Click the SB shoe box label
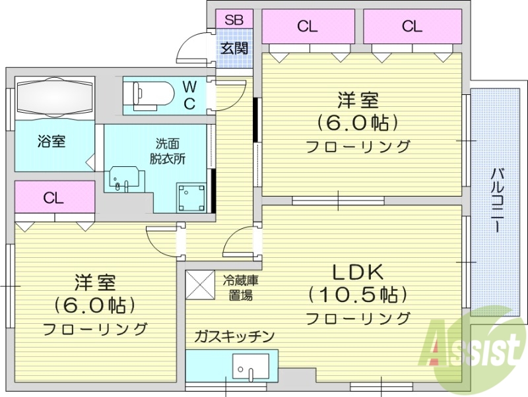click(x=234, y=20)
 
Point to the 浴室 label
click(x=51, y=141)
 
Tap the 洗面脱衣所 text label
click(x=168, y=150)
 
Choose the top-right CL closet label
click(x=411, y=26)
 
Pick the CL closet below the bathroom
click(x=55, y=198)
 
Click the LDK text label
click(x=357, y=270)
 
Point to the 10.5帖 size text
click(x=357, y=294)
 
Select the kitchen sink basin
click(x=251, y=366)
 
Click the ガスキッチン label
click(x=234, y=336)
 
